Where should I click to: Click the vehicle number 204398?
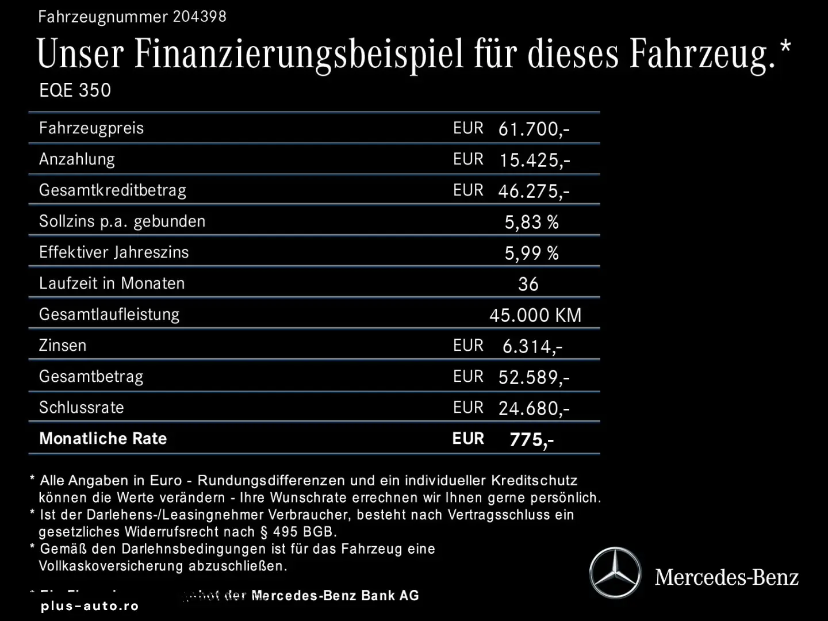[200, 16]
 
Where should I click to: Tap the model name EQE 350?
[75, 90]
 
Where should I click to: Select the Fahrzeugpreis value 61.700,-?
[534, 129]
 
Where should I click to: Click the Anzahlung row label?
[77, 159]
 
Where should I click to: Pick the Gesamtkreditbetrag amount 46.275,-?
[534, 191]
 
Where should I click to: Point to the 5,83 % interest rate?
[531, 222]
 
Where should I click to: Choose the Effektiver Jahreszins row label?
[114, 252]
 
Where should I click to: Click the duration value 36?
[528, 284]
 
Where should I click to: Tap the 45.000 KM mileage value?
[535, 315]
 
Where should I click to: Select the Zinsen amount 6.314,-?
[532, 346]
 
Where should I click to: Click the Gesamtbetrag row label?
[91, 377]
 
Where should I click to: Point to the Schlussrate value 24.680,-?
[534, 408]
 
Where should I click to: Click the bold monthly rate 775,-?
[531, 440]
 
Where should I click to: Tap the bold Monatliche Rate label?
[103, 439]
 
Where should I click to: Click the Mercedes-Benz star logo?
[615, 573]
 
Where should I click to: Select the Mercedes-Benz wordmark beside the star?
[727, 577]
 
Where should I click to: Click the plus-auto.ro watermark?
[90, 606]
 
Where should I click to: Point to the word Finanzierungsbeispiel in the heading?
[298, 53]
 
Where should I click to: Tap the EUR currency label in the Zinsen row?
[468, 346]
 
